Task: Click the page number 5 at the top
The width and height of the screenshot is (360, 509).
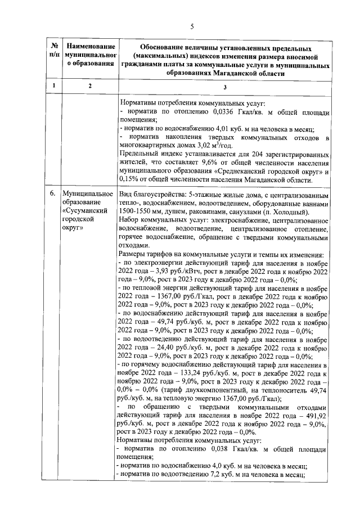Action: [x=191, y=26]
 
